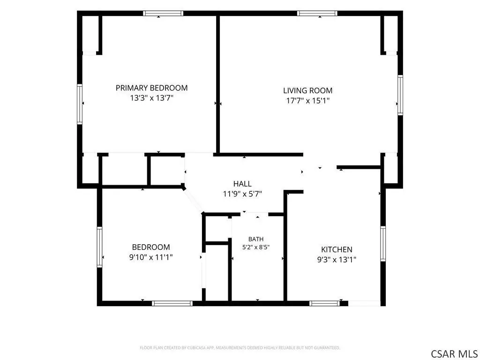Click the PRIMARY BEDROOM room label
tap(151, 88)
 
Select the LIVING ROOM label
tap(307, 90)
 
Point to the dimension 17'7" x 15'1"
tap(307, 101)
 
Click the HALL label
tap(242, 184)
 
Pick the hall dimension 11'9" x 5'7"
tap(242, 194)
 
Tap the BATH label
tap(256, 239)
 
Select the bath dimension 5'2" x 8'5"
tap(256, 247)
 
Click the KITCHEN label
tap(337, 249)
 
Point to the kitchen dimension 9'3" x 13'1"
tap(337, 260)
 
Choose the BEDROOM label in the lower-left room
tap(151, 247)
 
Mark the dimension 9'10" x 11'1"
tap(151, 257)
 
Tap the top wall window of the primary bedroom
tap(163, 14)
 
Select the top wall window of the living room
tap(317, 14)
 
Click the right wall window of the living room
tap(400, 95)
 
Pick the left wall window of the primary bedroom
tap(80, 104)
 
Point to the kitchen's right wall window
tap(383, 244)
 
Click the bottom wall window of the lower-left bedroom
tap(172, 303)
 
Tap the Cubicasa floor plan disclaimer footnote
tap(240, 348)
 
